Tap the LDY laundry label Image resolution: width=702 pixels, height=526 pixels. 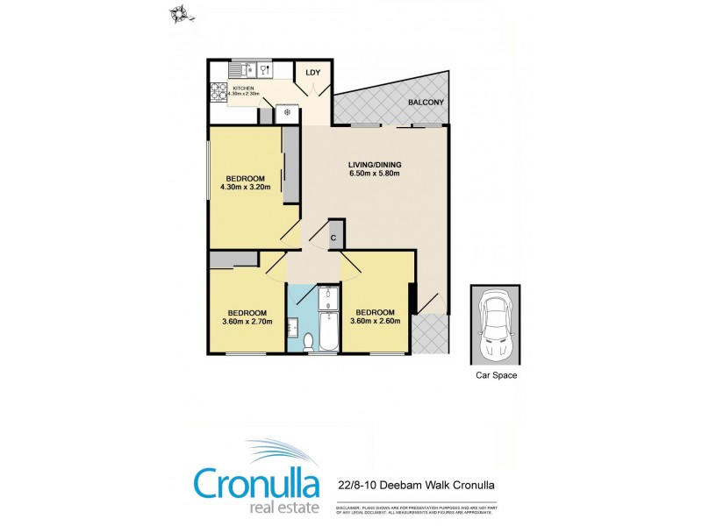312,73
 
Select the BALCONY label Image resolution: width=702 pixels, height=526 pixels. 426,103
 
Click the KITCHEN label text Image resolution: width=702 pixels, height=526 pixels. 243,89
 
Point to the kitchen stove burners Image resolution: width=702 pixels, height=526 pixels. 218,89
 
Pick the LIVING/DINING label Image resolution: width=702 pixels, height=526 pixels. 375,163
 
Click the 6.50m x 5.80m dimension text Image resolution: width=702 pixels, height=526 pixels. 375,174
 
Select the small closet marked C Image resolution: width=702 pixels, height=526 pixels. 334,237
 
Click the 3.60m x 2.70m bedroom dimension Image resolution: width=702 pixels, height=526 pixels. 247,322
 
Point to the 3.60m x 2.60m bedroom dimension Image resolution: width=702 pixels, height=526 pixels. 376,322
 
